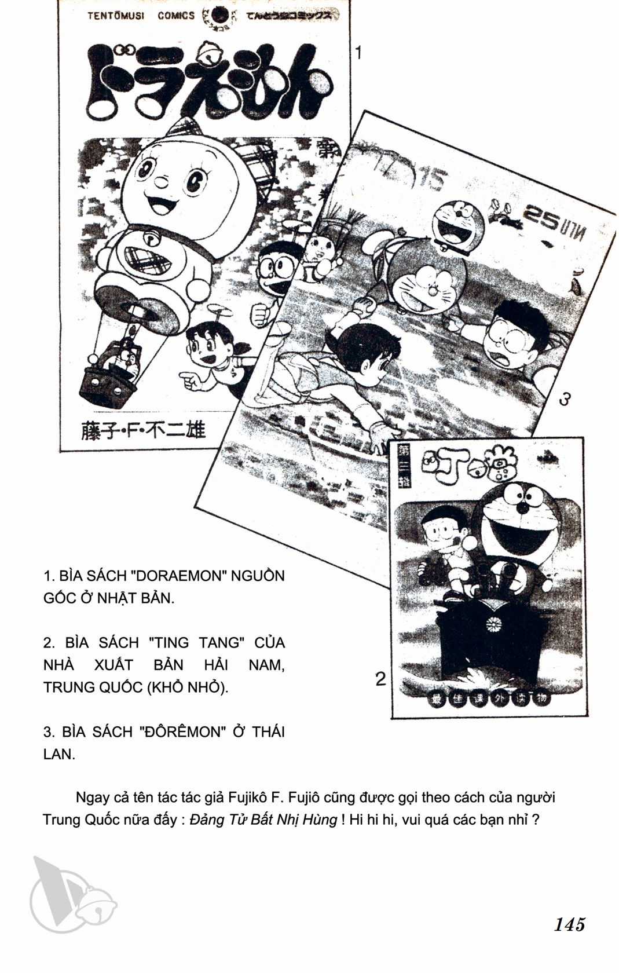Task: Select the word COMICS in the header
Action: (176, 16)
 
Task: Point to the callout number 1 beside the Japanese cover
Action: (358, 53)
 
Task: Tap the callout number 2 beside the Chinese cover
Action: (380, 678)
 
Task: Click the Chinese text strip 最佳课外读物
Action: (487, 699)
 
